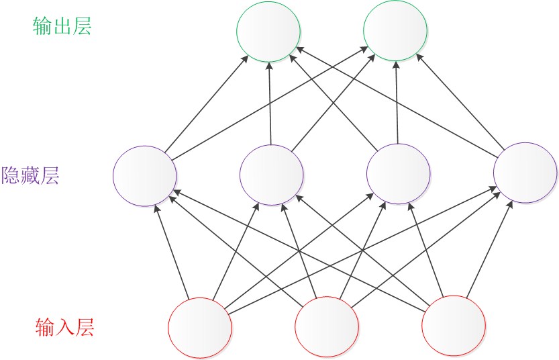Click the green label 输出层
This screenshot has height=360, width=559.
coord(62,26)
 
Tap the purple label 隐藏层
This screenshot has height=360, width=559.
coord(31,176)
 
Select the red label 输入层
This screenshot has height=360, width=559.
coord(64,328)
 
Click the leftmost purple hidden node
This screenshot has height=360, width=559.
coord(145,175)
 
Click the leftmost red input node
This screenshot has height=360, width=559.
coord(200,328)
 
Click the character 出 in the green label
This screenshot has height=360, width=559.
coord(62,26)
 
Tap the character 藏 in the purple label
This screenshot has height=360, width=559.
coord(31,176)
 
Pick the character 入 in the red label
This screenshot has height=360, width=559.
coord(64,328)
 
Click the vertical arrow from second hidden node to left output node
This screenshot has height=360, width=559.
coord(270,103)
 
